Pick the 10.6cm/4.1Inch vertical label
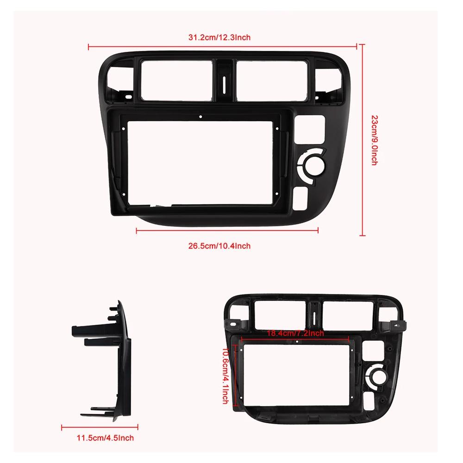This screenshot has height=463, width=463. tap(226, 376)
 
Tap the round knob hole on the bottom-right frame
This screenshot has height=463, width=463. tap(376, 375)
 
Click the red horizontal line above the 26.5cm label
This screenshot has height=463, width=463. tap(227, 230)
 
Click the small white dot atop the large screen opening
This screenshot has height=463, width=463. tap(200, 117)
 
